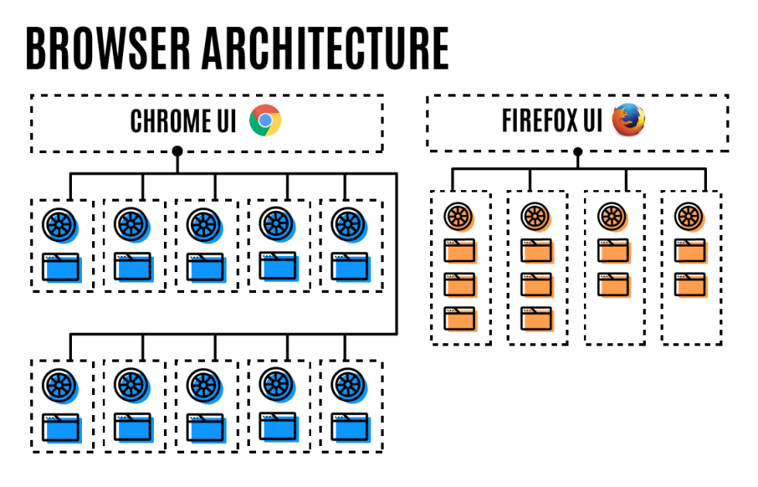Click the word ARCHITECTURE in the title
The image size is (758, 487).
click(326, 48)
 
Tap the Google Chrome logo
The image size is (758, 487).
click(265, 121)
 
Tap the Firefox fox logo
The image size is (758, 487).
click(628, 121)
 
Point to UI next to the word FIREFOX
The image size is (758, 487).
click(593, 121)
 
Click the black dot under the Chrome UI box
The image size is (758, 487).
click(177, 150)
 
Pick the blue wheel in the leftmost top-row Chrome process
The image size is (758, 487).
click(59, 224)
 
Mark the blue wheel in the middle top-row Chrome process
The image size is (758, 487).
click(204, 224)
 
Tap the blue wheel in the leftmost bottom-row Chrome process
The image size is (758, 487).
click(59, 384)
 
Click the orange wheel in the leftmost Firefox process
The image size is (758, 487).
click(458, 216)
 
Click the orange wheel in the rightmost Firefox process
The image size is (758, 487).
click(689, 216)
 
